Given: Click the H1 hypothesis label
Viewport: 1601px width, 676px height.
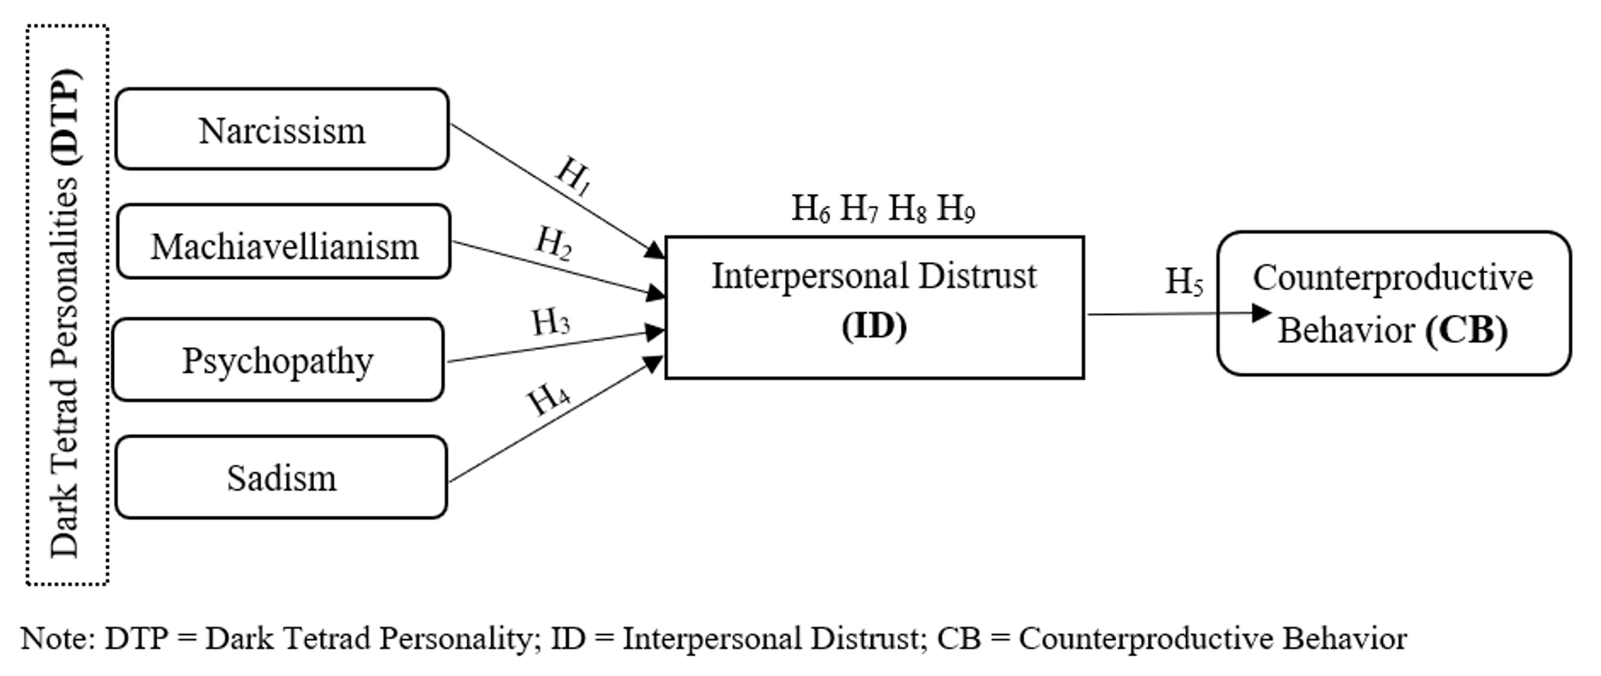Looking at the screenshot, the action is [573, 177].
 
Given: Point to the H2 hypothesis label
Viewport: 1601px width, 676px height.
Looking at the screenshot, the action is [553, 243].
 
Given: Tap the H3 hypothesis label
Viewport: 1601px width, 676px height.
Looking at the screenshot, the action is [551, 322].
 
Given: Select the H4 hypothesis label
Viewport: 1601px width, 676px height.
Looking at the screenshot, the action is [549, 397].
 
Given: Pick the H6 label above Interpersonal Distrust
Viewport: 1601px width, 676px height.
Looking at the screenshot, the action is [811, 209].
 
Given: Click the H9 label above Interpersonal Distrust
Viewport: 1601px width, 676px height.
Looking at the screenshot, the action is [956, 209].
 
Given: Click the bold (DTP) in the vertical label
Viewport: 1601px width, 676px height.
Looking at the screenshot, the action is [66, 116].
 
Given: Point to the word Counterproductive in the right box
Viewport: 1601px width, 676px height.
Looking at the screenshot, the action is [1393, 278].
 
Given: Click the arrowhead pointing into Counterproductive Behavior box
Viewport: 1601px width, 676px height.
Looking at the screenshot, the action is [1262, 313].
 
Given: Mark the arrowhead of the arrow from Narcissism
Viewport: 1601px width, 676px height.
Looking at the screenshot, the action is [654, 250].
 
